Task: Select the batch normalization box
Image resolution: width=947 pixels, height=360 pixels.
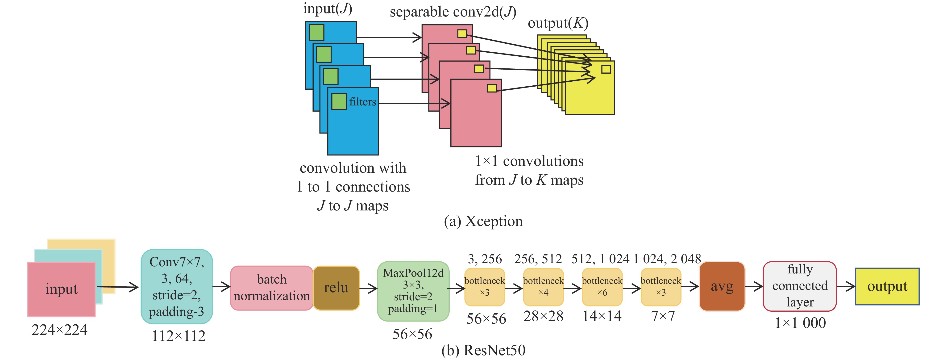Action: tap(272, 288)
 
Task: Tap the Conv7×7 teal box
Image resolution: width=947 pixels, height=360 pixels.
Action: tap(176, 286)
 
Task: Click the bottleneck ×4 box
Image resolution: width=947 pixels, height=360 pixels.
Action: tap(543, 287)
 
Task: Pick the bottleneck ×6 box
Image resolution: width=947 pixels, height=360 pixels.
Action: tap(602, 287)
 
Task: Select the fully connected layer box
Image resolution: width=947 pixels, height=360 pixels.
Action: tap(800, 286)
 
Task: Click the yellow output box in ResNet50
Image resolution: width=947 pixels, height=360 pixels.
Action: tap(887, 286)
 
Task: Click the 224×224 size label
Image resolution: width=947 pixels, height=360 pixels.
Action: tap(60, 330)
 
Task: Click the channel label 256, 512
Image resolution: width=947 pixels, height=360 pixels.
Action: tap(538, 259)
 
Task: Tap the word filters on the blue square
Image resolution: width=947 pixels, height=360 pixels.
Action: tap(362, 102)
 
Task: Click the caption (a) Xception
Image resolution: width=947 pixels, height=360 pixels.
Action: tap(483, 221)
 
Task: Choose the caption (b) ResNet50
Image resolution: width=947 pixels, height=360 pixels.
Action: tap(483, 350)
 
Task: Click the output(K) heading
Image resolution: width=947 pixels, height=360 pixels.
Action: tap(558, 23)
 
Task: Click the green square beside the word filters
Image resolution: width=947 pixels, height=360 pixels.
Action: tap(339, 101)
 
